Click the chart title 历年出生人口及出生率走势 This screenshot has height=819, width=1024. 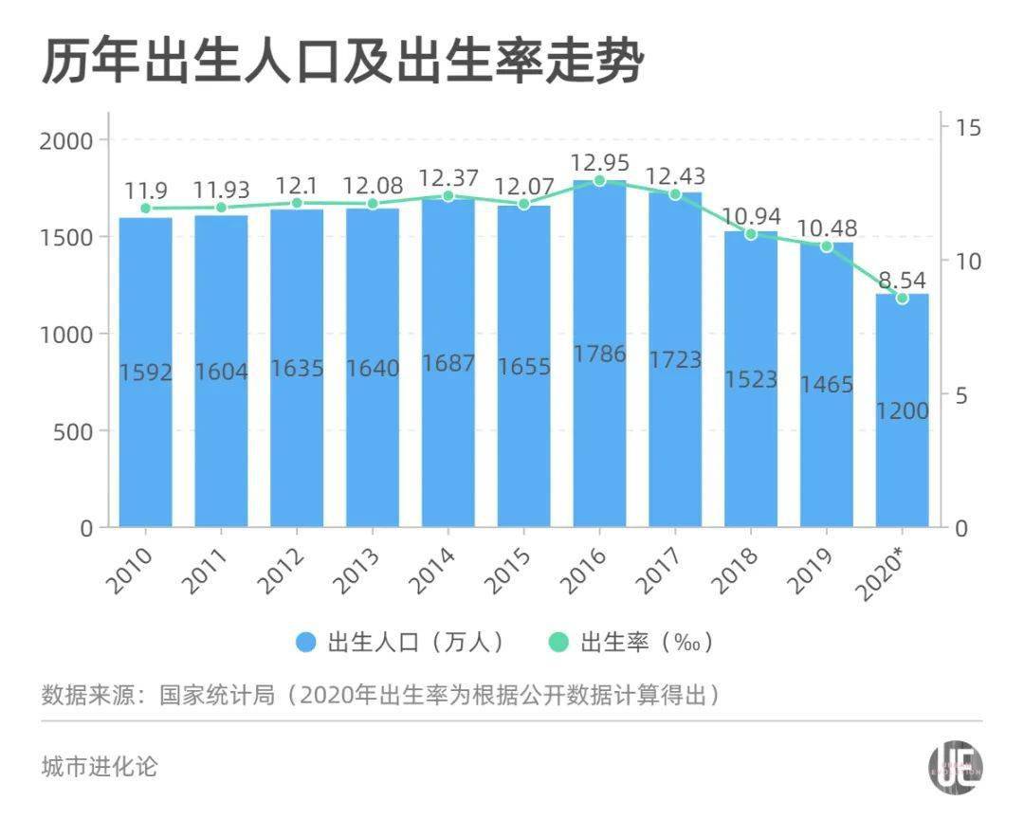click(x=342, y=63)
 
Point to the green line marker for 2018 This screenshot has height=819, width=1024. click(x=751, y=233)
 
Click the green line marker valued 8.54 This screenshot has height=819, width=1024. click(x=902, y=298)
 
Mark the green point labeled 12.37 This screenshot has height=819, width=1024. click(x=448, y=196)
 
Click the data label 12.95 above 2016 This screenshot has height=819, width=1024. click(x=600, y=159)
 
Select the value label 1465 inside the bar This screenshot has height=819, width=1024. click(x=826, y=384)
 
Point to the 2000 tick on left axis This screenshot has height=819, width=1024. click(x=67, y=140)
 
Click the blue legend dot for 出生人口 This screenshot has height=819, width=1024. click(x=305, y=643)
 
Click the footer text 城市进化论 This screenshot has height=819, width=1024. click(x=100, y=765)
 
